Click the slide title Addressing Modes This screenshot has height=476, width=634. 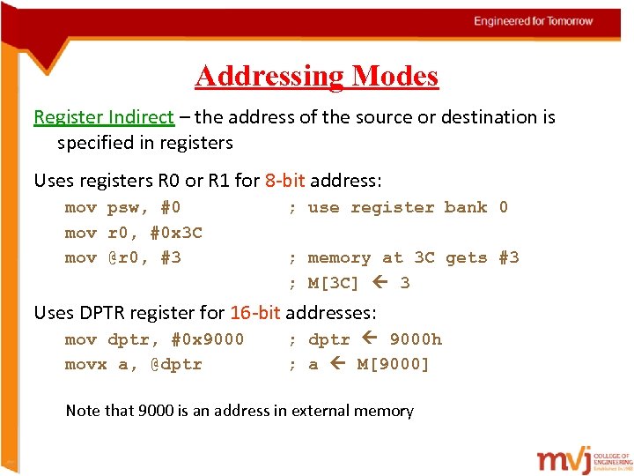coord(317,76)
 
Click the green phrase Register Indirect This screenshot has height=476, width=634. coord(103,116)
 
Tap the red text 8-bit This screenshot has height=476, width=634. coord(284,181)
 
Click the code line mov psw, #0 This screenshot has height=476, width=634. coord(123,208)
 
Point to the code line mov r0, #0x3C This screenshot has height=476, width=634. coord(134,233)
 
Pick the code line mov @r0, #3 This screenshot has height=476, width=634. coord(123,257)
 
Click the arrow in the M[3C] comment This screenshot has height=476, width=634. coord(380,283)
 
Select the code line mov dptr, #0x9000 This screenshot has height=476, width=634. coord(154,339)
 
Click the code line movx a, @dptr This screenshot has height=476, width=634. coord(134,364)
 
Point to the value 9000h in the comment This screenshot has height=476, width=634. coord(416,339)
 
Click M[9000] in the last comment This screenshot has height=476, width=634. coord(393,364)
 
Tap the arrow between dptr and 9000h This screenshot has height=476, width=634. coord(370,339)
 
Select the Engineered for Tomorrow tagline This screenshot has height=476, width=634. coord(533,21)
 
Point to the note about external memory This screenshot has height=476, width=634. coord(240,410)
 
